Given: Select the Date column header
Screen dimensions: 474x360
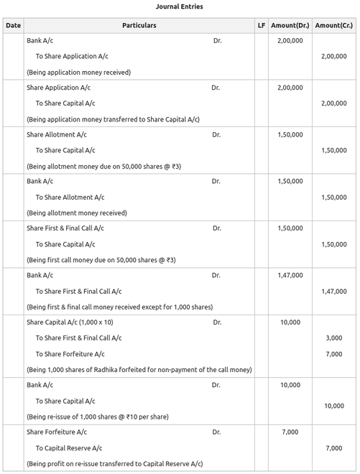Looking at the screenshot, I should point(13,26).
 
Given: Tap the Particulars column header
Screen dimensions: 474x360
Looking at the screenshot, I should point(139,26).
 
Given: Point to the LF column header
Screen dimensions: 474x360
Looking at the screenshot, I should point(261,26).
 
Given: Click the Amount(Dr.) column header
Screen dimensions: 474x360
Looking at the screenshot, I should point(290,26).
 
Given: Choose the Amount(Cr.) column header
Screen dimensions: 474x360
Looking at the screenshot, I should point(333,26).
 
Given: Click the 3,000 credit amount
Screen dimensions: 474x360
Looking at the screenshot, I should point(333,338).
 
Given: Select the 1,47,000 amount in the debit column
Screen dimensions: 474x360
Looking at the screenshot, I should point(290,275).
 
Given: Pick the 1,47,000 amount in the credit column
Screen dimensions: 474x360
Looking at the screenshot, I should point(333,291).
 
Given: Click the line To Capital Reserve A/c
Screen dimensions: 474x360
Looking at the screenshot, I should point(74,447).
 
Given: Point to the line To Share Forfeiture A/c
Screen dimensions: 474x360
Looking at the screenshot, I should point(70,354).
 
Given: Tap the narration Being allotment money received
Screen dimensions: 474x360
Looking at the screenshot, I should point(76,213).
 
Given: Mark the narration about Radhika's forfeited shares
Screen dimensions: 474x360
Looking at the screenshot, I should point(139,370).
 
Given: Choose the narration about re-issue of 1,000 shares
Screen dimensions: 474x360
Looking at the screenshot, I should point(98,417).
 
